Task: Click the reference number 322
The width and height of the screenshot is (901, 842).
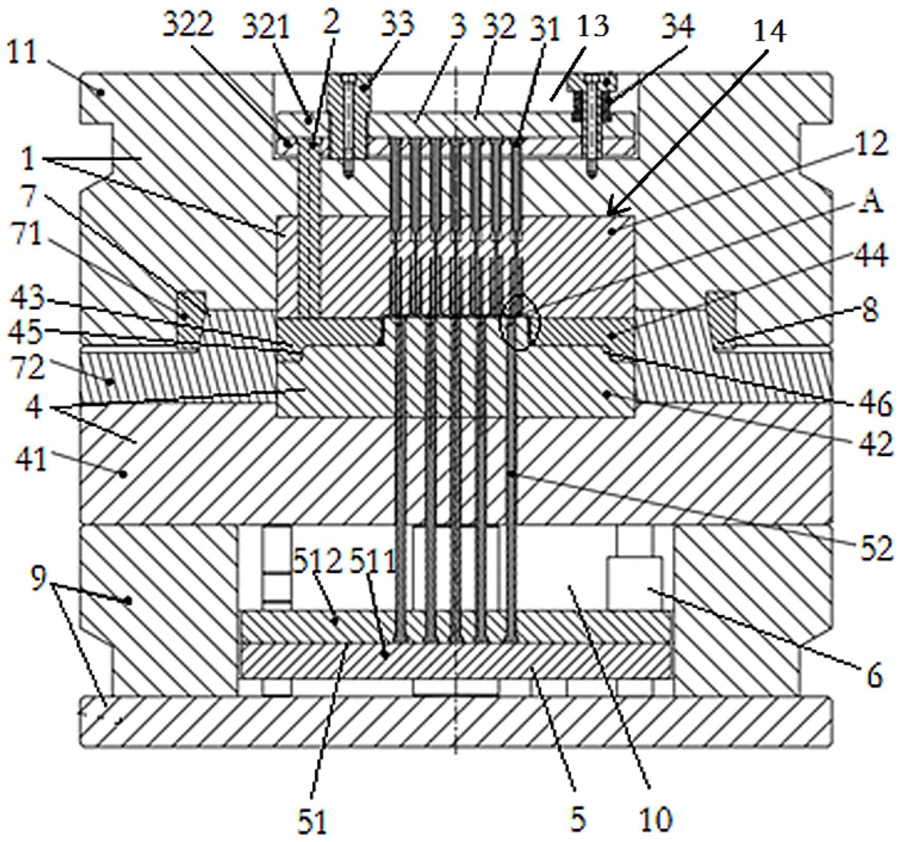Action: tap(188, 24)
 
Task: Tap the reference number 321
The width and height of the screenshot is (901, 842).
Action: tap(265, 26)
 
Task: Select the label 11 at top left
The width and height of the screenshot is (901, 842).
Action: tap(22, 54)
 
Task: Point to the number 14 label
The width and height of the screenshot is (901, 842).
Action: tap(769, 31)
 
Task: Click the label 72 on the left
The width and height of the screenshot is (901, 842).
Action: tap(29, 368)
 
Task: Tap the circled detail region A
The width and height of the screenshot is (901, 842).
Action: tap(519, 321)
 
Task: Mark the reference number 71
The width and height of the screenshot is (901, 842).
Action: tap(26, 234)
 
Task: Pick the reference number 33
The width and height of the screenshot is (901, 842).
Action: tap(397, 24)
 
